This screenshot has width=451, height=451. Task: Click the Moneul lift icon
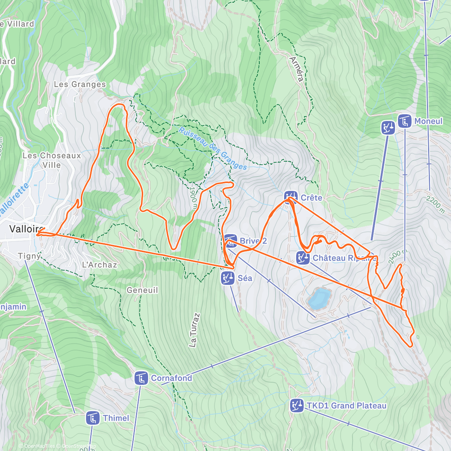pos(404,121)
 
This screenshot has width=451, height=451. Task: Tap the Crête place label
pos(311,198)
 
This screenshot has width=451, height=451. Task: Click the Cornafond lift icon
pos(141,378)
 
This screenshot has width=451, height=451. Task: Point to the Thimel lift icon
pos(92,418)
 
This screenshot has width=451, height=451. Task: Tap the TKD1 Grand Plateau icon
pos(297,406)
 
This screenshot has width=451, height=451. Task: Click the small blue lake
pos(319,298)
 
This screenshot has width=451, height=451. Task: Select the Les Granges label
pos(80,85)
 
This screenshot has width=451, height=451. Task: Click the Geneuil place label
pos(142,290)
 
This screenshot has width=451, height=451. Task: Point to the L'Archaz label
pos(99,265)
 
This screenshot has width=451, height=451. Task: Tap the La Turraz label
pos(194,330)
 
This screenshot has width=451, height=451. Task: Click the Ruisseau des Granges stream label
pos(212,149)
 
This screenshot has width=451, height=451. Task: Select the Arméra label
pos(297,69)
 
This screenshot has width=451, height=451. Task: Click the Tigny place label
pos(29,256)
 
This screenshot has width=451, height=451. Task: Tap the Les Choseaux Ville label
pos(51,160)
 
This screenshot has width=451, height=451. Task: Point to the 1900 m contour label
pos(194,198)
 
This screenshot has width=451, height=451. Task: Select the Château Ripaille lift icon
pos(303,258)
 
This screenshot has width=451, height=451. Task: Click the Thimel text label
pos(116,418)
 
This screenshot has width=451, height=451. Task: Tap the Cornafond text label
pos(171,378)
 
